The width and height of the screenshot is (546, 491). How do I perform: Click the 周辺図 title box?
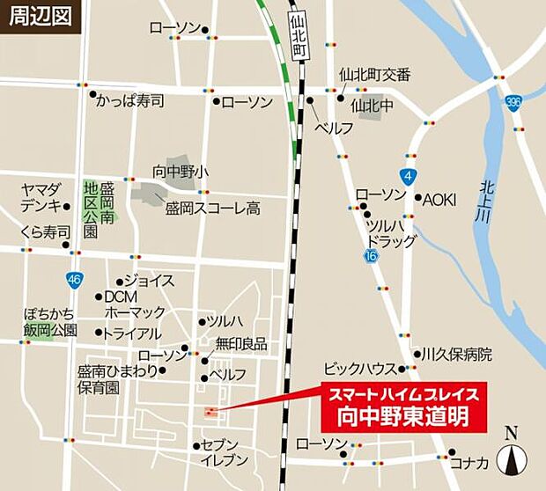40,17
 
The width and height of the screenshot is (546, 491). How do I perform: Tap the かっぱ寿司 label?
131,100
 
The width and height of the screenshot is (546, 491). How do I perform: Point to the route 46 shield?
74,280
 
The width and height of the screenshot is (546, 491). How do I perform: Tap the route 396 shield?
514,103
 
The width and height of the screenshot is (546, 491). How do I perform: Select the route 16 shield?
371,255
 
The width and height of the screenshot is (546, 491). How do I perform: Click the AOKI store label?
439,200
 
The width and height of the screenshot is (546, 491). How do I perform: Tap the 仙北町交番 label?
375,76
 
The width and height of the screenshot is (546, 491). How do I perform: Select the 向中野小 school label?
181,171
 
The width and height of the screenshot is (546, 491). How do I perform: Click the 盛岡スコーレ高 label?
213,209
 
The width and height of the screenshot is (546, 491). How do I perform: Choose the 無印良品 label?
241,344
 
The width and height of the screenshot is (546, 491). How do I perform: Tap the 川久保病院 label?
458,355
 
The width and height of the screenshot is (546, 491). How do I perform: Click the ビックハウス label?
358,368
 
